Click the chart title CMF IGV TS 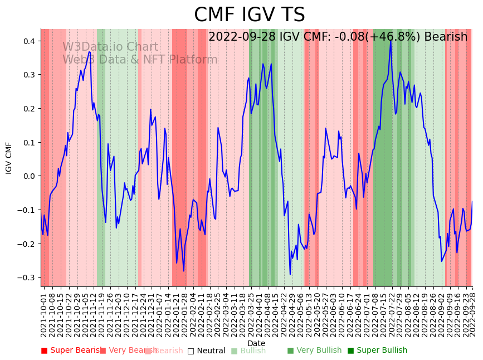[250, 15]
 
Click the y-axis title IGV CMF [9, 158]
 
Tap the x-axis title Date [256, 343]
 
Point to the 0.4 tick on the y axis [28, 41]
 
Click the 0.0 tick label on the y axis [28, 176]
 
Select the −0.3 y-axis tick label [26, 278]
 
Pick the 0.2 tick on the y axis [28, 109]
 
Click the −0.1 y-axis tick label [26, 210]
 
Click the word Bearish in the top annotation [446, 37]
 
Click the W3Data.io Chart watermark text [110, 47]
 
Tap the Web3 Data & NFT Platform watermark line [140, 60]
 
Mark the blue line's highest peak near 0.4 [391, 40]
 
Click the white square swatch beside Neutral [191, 351]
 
